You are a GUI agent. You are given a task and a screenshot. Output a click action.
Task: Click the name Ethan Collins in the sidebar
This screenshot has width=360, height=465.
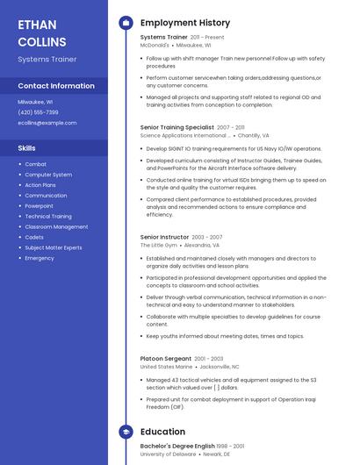[x=42, y=32]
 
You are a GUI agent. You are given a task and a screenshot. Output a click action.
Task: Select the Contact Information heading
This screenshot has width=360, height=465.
[x=56, y=86]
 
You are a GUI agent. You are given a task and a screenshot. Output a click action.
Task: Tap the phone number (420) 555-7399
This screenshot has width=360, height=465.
[x=38, y=112]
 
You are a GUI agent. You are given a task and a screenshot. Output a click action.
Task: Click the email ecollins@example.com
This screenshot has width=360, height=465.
[x=47, y=123]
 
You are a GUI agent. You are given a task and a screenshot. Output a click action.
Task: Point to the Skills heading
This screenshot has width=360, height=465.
[x=26, y=148]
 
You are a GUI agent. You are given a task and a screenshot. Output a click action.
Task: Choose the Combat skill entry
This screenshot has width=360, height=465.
[x=36, y=164]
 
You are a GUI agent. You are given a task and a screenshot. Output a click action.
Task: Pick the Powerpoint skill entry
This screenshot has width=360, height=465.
[x=39, y=206]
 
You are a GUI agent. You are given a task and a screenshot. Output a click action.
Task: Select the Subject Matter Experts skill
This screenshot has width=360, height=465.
[x=54, y=247]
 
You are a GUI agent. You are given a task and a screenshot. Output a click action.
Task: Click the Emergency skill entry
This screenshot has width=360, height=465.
[x=40, y=258]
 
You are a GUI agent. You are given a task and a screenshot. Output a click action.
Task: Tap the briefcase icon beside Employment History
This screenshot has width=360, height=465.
[x=126, y=23]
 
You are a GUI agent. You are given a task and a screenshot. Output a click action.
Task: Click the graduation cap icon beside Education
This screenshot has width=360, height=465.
[x=126, y=432]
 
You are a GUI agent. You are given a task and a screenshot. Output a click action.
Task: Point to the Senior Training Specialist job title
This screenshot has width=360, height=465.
[x=176, y=127]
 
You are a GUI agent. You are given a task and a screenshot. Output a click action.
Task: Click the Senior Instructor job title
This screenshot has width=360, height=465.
[x=164, y=237]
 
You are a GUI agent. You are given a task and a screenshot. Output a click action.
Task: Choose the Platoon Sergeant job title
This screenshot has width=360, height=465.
[x=165, y=358]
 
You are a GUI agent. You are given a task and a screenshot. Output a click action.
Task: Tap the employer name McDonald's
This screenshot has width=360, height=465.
[x=161, y=45]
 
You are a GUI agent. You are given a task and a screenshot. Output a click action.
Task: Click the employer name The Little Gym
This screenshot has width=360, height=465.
[x=158, y=246]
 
